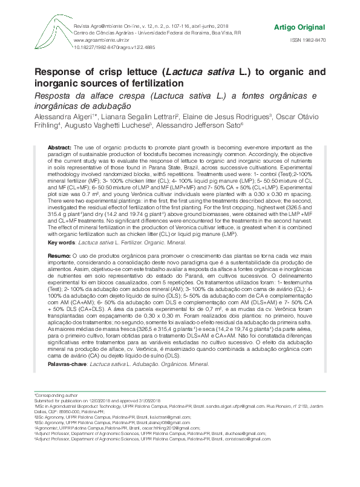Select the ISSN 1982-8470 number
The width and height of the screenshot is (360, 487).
click(308, 40)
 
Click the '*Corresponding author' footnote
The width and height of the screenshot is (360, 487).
click(53, 394)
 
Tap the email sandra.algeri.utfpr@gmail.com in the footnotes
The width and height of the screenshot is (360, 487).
click(247, 405)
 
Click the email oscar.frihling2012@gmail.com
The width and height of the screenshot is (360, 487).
click(171, 427)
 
